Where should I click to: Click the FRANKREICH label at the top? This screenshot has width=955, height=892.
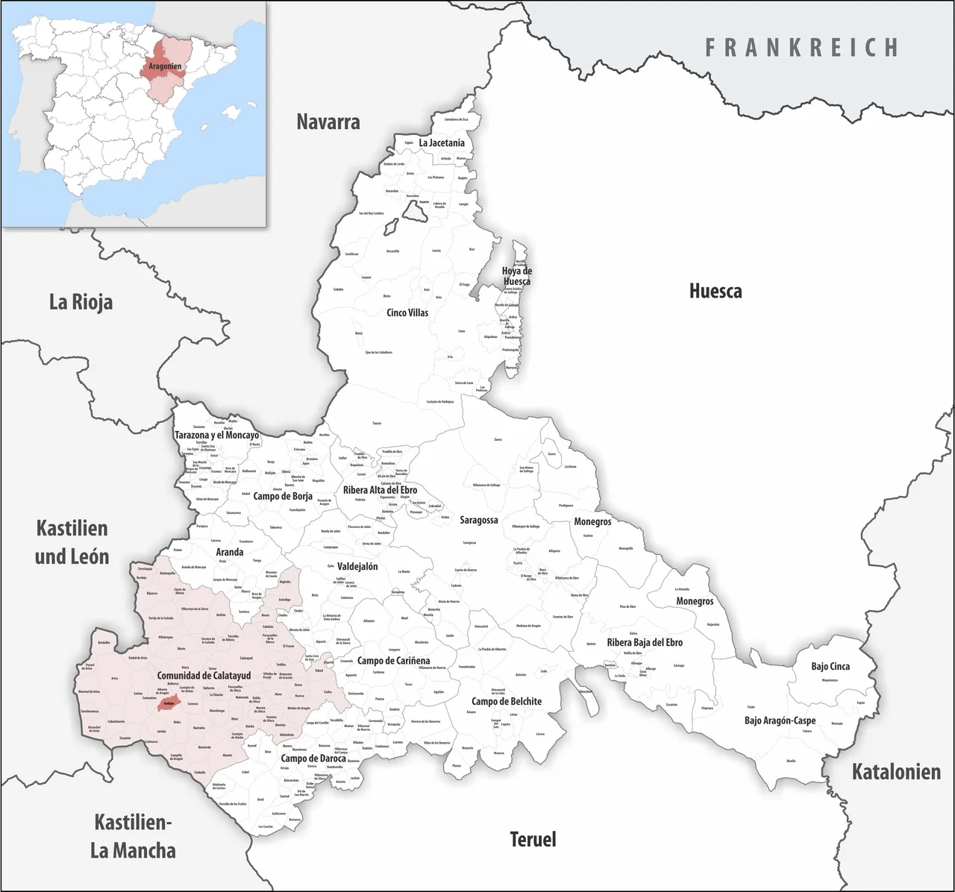(x=802, y=48)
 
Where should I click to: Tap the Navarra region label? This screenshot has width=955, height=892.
(x=328, y=122)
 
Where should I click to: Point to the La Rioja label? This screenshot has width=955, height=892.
(x=81, y=302)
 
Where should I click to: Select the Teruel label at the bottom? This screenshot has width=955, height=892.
(x=533, y=840)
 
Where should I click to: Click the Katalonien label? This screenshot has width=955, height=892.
(x=896, y=772)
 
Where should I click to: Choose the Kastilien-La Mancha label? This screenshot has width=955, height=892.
(x=133, y=836)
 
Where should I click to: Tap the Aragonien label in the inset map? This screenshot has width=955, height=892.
(x=165, y=66)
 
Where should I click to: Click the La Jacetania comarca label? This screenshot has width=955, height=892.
(x=442, y=142)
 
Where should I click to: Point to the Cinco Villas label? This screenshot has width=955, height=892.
(x=407, y=312)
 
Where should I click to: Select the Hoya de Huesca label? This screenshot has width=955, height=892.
(x=516, y=276)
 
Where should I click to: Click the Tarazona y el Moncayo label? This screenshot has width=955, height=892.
(x=217, y=435)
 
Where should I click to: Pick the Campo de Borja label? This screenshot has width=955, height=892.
(x=283, y=496)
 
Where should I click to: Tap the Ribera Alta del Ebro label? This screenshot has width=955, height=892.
(x=380, y=490)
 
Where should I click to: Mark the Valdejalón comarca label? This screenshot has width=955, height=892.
(x=357, y=566)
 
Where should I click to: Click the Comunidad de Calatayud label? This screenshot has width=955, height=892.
(x=204, y=676)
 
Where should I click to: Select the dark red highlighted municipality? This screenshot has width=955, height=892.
(x=169, y=703)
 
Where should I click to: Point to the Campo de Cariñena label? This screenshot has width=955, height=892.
(x=393, y=661)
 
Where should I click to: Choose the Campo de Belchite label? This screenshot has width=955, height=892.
(x=507, y=701)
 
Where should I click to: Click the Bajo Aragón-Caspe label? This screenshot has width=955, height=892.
(x=780, y=720)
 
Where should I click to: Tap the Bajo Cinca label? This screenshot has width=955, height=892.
(x=830, y=666)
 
